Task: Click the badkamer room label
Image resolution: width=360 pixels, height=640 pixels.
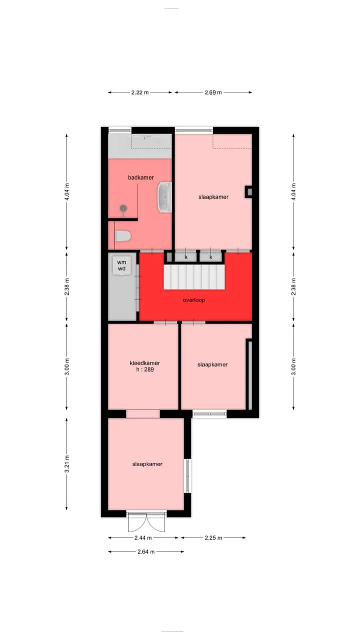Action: click(141, 177)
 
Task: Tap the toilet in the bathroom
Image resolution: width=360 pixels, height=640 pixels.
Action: click(123, 236)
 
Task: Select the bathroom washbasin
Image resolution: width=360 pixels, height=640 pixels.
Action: click(165, 197)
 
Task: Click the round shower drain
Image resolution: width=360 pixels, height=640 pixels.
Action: click(123, 208)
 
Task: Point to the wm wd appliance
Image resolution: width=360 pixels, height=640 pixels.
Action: click(121, 265)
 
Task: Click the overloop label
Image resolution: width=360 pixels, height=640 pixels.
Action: click(194, 300)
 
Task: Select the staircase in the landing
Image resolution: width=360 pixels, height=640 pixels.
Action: click(193, 277)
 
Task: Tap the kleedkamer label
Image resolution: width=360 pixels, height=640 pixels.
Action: click(145, 363)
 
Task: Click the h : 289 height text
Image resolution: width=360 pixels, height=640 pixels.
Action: click(145, 369)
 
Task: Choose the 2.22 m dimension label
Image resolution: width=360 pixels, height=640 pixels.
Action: click(140, 92)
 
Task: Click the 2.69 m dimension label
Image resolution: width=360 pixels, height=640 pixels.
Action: click(213, 92)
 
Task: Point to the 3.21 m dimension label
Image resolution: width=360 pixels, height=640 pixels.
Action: click(67, 464)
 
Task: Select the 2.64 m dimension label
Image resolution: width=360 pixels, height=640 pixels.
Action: click(146, 551)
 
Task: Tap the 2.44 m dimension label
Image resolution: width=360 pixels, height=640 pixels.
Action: click(143, 537)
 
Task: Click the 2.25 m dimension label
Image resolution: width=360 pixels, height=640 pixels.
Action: click(213, 537)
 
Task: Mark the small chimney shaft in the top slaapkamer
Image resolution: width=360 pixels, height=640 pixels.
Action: click(248, 192)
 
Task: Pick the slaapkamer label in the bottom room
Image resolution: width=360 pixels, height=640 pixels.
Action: click(147, 464)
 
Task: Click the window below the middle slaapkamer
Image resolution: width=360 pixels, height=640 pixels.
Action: click(209, 414)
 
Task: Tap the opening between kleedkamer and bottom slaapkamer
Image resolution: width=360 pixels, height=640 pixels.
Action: click(143, 414)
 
